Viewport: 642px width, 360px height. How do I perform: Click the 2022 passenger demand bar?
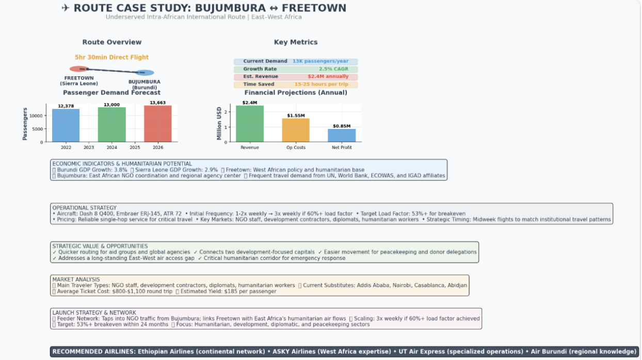66,125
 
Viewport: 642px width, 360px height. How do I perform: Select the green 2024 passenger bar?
112,125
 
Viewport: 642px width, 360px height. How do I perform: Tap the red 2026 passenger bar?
158,124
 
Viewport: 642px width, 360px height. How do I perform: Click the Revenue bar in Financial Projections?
250,124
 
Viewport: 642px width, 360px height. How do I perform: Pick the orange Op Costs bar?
296,130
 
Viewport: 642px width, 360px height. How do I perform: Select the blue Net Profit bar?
342,136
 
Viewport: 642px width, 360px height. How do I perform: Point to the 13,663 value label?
157,103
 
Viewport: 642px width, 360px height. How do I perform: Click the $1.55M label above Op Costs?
296,116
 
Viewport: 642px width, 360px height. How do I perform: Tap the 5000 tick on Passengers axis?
37,129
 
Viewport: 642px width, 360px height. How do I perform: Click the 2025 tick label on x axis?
135,148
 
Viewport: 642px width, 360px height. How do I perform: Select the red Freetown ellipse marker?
79,69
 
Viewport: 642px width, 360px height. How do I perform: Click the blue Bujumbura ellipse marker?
145,73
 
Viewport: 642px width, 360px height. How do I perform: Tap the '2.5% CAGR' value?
333,69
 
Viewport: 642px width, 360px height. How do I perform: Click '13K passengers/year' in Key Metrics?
320,61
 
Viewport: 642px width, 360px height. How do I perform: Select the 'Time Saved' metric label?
259,84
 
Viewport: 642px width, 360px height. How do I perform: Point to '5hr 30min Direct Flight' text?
112,57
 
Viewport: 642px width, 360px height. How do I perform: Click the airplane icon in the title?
66,8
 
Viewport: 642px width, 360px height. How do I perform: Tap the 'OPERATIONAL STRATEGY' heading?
85,208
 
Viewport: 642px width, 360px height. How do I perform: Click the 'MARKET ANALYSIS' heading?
76,280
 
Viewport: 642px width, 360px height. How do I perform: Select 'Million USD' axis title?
219,123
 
